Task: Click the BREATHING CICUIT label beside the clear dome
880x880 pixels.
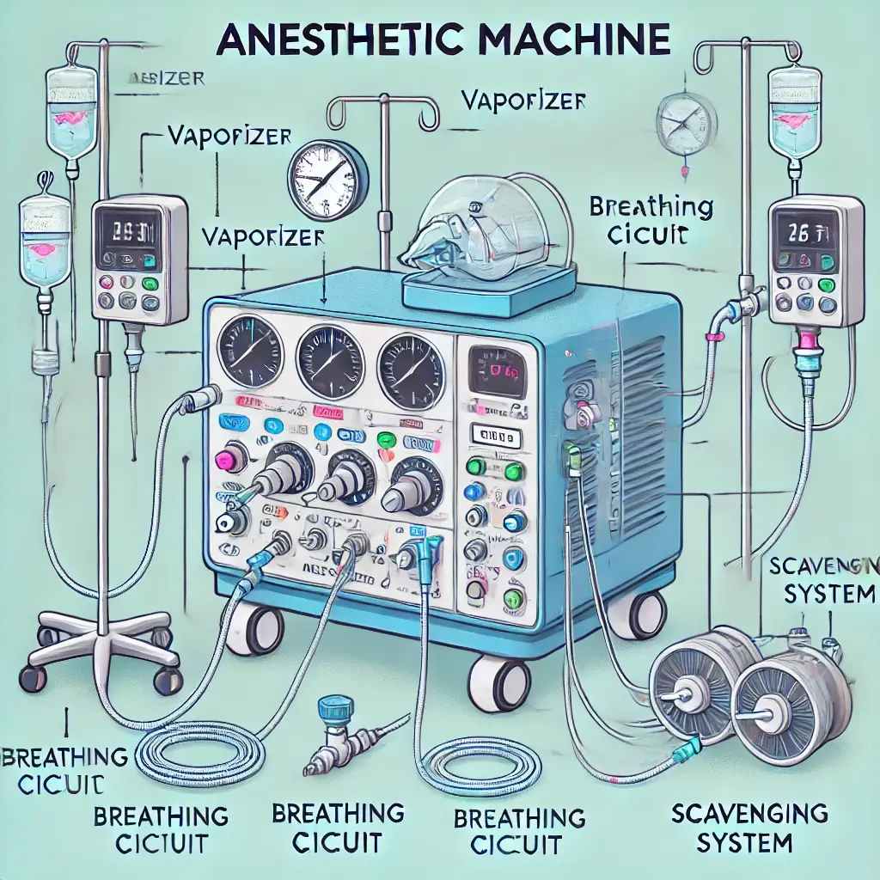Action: tap(651, 221)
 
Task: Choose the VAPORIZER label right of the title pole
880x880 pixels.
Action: tap(523, 101)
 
